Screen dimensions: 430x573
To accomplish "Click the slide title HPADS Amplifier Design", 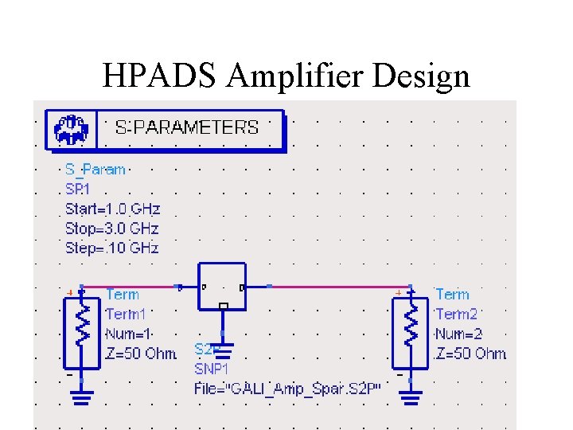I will tap(286, 76).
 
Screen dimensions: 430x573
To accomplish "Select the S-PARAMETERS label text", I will tap(187, 127).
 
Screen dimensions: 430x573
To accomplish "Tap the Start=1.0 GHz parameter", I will tap(112, 209).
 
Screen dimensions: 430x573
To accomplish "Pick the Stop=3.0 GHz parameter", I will tap(112, 229).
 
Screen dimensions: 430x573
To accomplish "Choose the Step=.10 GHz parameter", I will tap(112, 248).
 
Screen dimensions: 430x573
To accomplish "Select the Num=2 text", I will tap(459, 334).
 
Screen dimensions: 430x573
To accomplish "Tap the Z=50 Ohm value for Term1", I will tap(141, 354).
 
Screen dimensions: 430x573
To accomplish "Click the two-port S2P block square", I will tap(223, 285).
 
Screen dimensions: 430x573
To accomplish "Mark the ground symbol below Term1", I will tap(81, 396).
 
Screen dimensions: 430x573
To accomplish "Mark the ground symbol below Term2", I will tap(411, 396).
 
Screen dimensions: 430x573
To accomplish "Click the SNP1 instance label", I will tap(211, 369).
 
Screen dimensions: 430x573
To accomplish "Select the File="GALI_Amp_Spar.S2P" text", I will tap(288, 389).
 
